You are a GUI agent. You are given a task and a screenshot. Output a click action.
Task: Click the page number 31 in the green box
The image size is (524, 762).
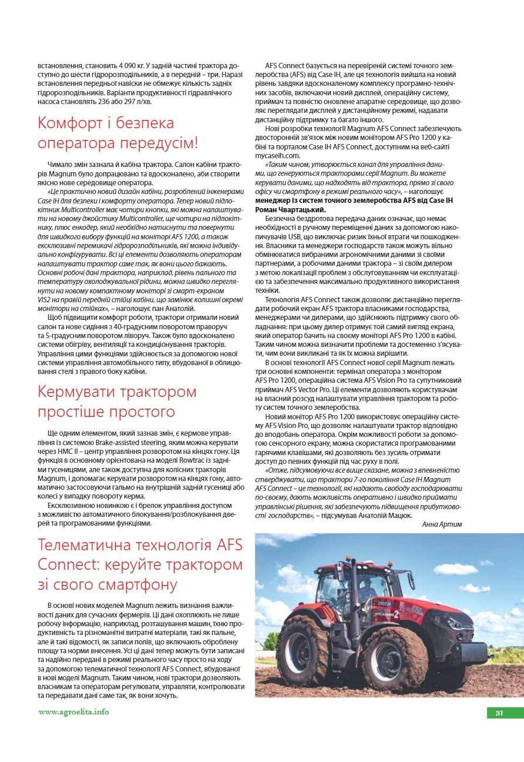(499, 713)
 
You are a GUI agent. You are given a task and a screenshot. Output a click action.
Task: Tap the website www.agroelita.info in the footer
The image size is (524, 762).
(73, 712)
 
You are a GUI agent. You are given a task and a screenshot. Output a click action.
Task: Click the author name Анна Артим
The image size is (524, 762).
(442, 524)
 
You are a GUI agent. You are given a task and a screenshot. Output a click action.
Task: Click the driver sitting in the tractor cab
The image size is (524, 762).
(349, 594)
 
